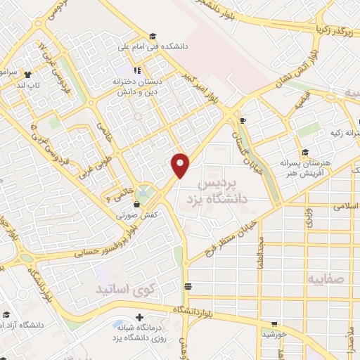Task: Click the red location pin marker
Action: [181, 165]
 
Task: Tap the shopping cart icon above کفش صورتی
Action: [137, 205]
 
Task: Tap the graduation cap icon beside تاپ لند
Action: [27, 75]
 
